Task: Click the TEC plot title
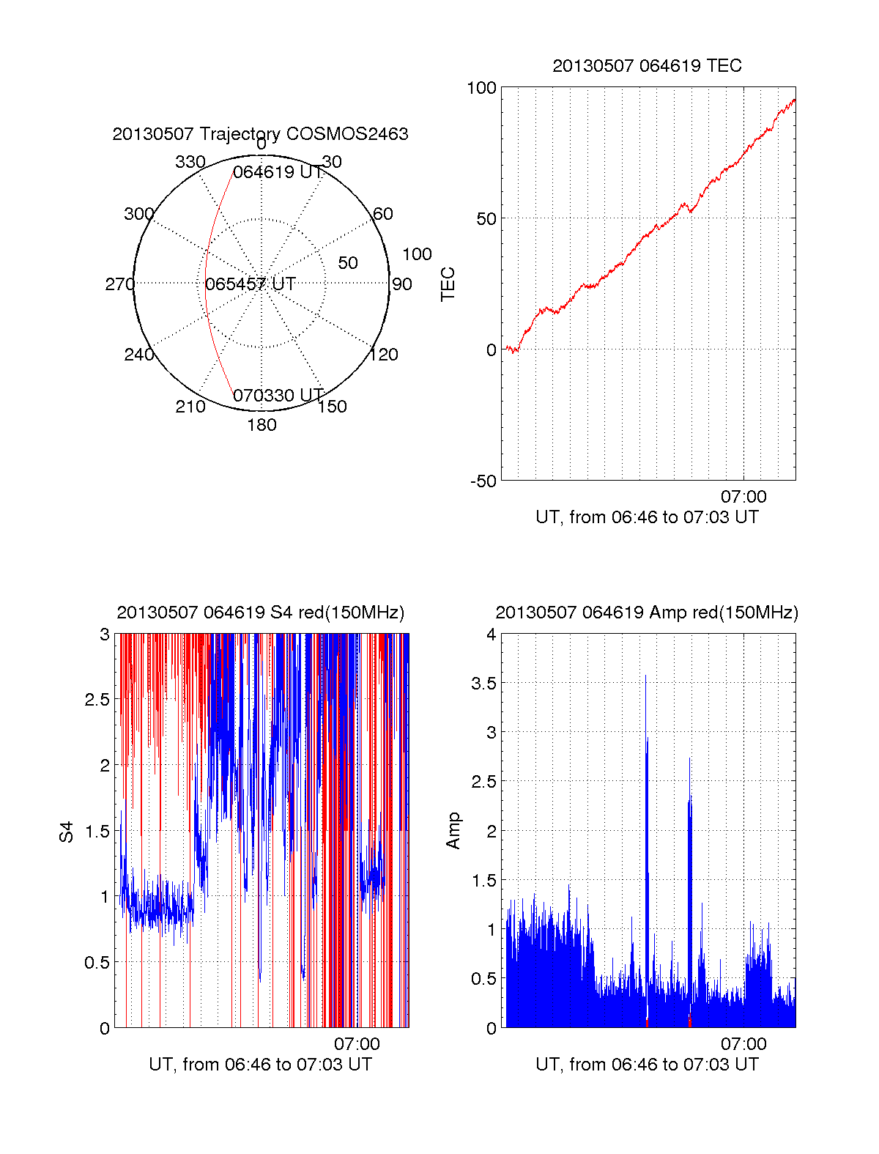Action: [x=647, y=66]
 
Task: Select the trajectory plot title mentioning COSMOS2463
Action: [x=260, y=134]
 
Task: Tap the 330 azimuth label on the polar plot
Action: [x=190, y=162]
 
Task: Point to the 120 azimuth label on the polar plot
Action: [x=384, y=355]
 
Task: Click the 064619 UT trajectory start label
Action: [x=278, y=172]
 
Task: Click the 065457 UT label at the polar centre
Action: [x=251, y=284]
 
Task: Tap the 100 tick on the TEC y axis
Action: [x=481, y=88]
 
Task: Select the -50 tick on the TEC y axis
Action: [x=483, y=481]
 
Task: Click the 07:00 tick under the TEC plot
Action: [x=743, y=497]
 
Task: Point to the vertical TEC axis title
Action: [x=448, y=284]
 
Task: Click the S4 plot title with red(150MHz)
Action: [x=260, y=613]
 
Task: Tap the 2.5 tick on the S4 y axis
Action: [x=97, y=700]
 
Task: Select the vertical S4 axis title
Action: [x=67, y=832]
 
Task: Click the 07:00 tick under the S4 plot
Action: [x=357, y=1044]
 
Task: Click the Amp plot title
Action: [x=647, y=613]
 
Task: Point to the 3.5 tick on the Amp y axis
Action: [x=483, y=684]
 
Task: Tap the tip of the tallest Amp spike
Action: [x=645, y=676]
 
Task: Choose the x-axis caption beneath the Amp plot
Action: [x=647, y=1065]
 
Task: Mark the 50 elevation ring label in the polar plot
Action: [x=348, y=263]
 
